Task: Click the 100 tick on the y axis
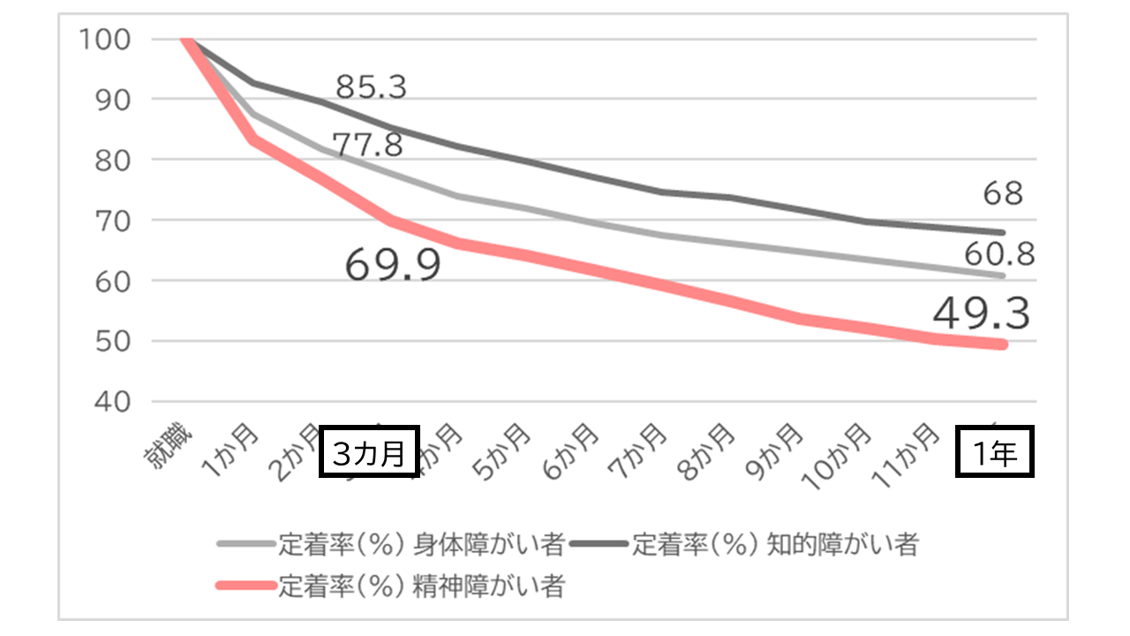click(x=104, y=40)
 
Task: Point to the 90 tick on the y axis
click(x=109, y=100)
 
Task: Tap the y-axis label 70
click(x=109, y=220)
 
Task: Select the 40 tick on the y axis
click(x=109, y=401)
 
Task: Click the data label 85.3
click(x=372, y=87)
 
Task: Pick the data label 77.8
click(x=367, y=144)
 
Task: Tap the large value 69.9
click(x=393, y=264)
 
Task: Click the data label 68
click(x=1003, y=193)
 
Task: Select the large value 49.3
click(x=980, y=314)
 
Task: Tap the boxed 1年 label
click(x=996, y=454)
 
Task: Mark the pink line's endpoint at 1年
click(x=1003, y=344)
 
